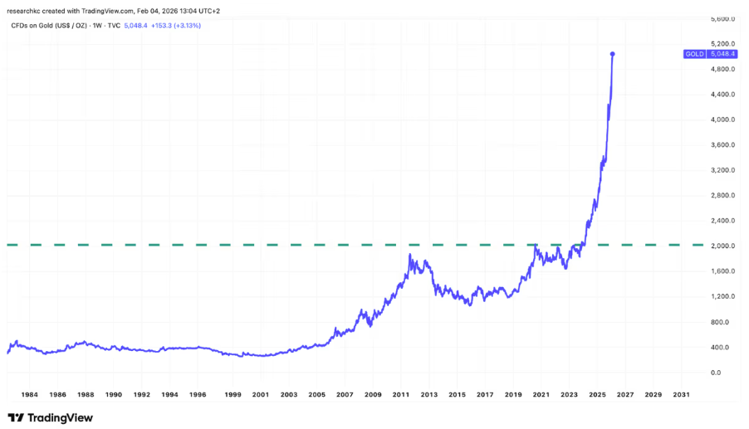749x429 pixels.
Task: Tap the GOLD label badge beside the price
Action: pos(694,54)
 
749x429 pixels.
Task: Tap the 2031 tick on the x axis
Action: pos(680,395)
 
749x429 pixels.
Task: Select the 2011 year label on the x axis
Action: pos(400,395)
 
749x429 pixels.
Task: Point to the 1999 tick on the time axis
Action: pos(233,395)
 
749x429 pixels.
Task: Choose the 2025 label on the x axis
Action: pos(597,395)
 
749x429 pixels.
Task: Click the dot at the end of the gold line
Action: pos(613,54)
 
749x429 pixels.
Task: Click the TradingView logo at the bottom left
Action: pos(50,417)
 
